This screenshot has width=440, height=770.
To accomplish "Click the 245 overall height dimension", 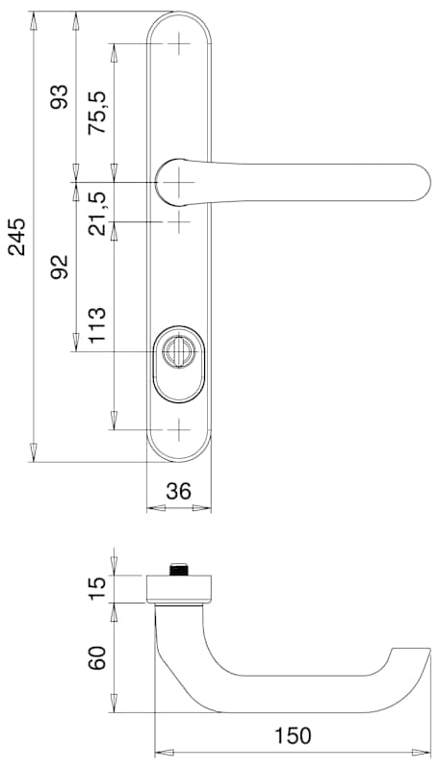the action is (x=18, y=237).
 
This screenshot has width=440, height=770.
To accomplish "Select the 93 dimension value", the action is (x=60, y=96).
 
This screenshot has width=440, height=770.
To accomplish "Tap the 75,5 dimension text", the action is (x=96, y=113).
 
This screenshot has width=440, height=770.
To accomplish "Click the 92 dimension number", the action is (x=60, y=268).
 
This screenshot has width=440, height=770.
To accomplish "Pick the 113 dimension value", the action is (x=96, y=325).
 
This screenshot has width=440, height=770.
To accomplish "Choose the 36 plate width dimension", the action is (x=178, y=491).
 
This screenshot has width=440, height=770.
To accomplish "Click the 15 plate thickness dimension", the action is (x=97, y=588).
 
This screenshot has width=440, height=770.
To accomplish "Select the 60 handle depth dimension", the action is (x=97, y=657).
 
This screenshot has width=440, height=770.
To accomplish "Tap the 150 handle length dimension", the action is (x=292, y=736).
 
